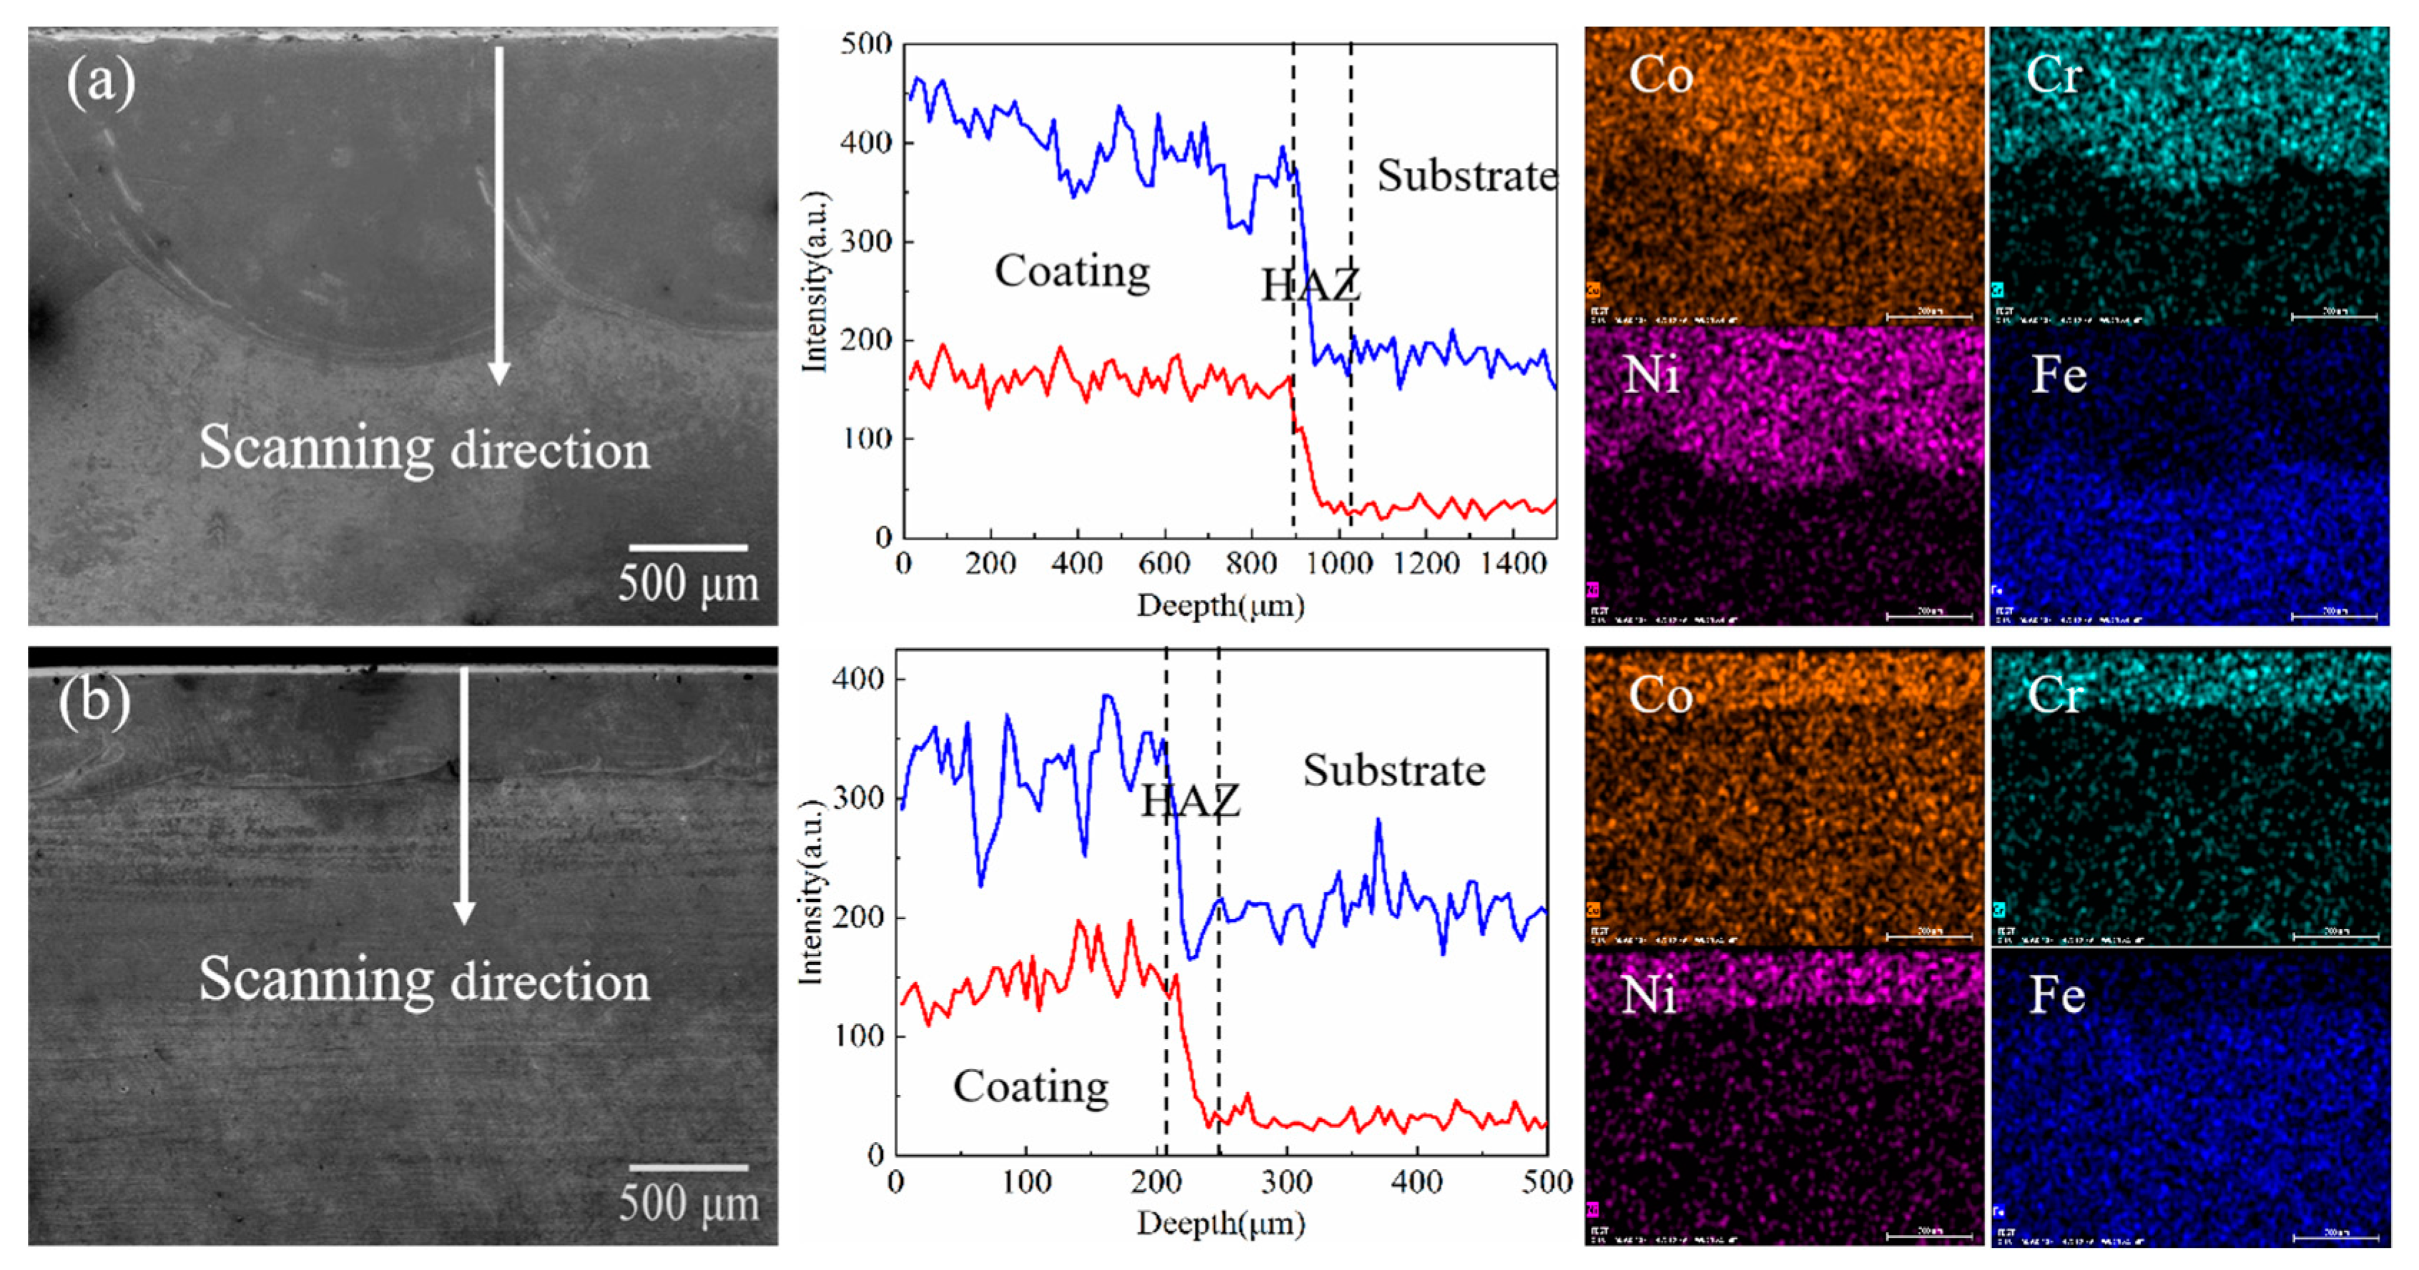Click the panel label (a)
(101, 83)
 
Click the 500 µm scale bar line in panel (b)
(689, 1168)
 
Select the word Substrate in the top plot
(1467, 177)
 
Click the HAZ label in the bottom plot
(1190, 800)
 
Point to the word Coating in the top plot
(1071, 272)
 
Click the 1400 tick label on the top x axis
(1512, 564)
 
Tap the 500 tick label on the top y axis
(865, 44)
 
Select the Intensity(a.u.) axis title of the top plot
(815, 282)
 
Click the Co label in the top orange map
(1660, 75)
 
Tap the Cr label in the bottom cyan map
(2054, 695)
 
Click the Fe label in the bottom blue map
(2056, 995)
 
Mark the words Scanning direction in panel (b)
(425, 980)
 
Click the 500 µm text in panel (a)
(689, 583)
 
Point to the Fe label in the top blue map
(2059, 374)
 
